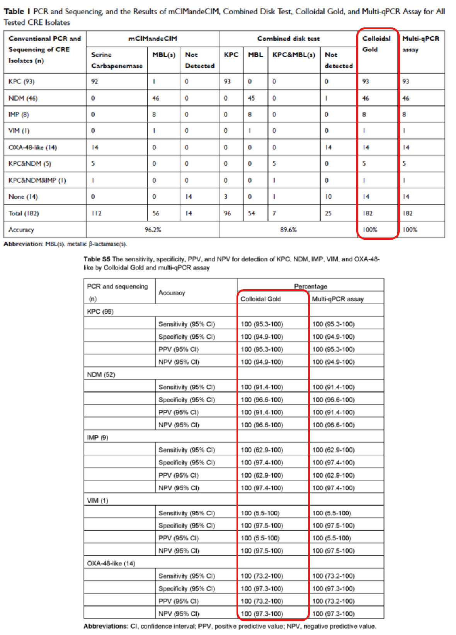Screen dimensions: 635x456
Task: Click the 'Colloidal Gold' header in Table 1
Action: click(376, 44)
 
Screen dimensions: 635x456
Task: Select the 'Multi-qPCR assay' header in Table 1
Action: click(420, 44)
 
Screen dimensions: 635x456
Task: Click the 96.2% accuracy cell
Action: click(153, 230)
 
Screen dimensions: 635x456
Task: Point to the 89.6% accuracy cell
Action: click(288, 230)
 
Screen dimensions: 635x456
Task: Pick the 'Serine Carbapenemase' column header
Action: click(117, 60)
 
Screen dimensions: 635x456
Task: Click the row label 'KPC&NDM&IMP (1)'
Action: click(37, 180)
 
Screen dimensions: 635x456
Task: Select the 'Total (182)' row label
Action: click(24, 213)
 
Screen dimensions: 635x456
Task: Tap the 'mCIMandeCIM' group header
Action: click(153, 39)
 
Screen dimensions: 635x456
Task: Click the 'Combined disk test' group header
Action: click(288, 39)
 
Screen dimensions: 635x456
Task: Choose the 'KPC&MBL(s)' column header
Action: click(294, 55)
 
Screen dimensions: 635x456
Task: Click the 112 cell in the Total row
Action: click(96, 213)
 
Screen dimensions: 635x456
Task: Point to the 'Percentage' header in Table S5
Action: click(310, 286)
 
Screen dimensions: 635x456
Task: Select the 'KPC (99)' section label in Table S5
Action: click(100, 312)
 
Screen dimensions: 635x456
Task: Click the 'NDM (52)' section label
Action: click(101, 374)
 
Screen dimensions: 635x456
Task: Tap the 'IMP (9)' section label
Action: click(97, 437)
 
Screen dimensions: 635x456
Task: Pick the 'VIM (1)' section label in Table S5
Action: click(97, 500)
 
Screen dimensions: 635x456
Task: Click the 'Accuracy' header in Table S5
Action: click(172, 293)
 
